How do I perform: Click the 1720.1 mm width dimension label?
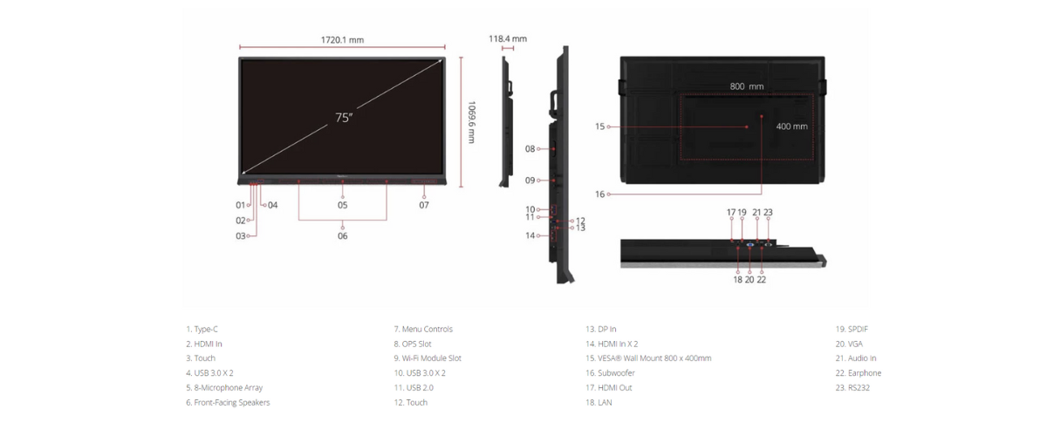(x=342, y=40)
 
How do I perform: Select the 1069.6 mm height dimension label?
(x=472, y=122)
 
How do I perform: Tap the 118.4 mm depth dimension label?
(x=508, y=38)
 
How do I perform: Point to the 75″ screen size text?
(x=344, y=118)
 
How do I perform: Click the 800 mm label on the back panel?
(x=747, y=86)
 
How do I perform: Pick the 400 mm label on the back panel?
(x=792, y=126)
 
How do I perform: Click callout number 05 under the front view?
(x=343, y=205)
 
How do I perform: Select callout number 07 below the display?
(x=424, y=205)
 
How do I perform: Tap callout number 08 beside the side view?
(x=530, y=149)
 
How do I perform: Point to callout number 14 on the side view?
(x=530, y=235)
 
